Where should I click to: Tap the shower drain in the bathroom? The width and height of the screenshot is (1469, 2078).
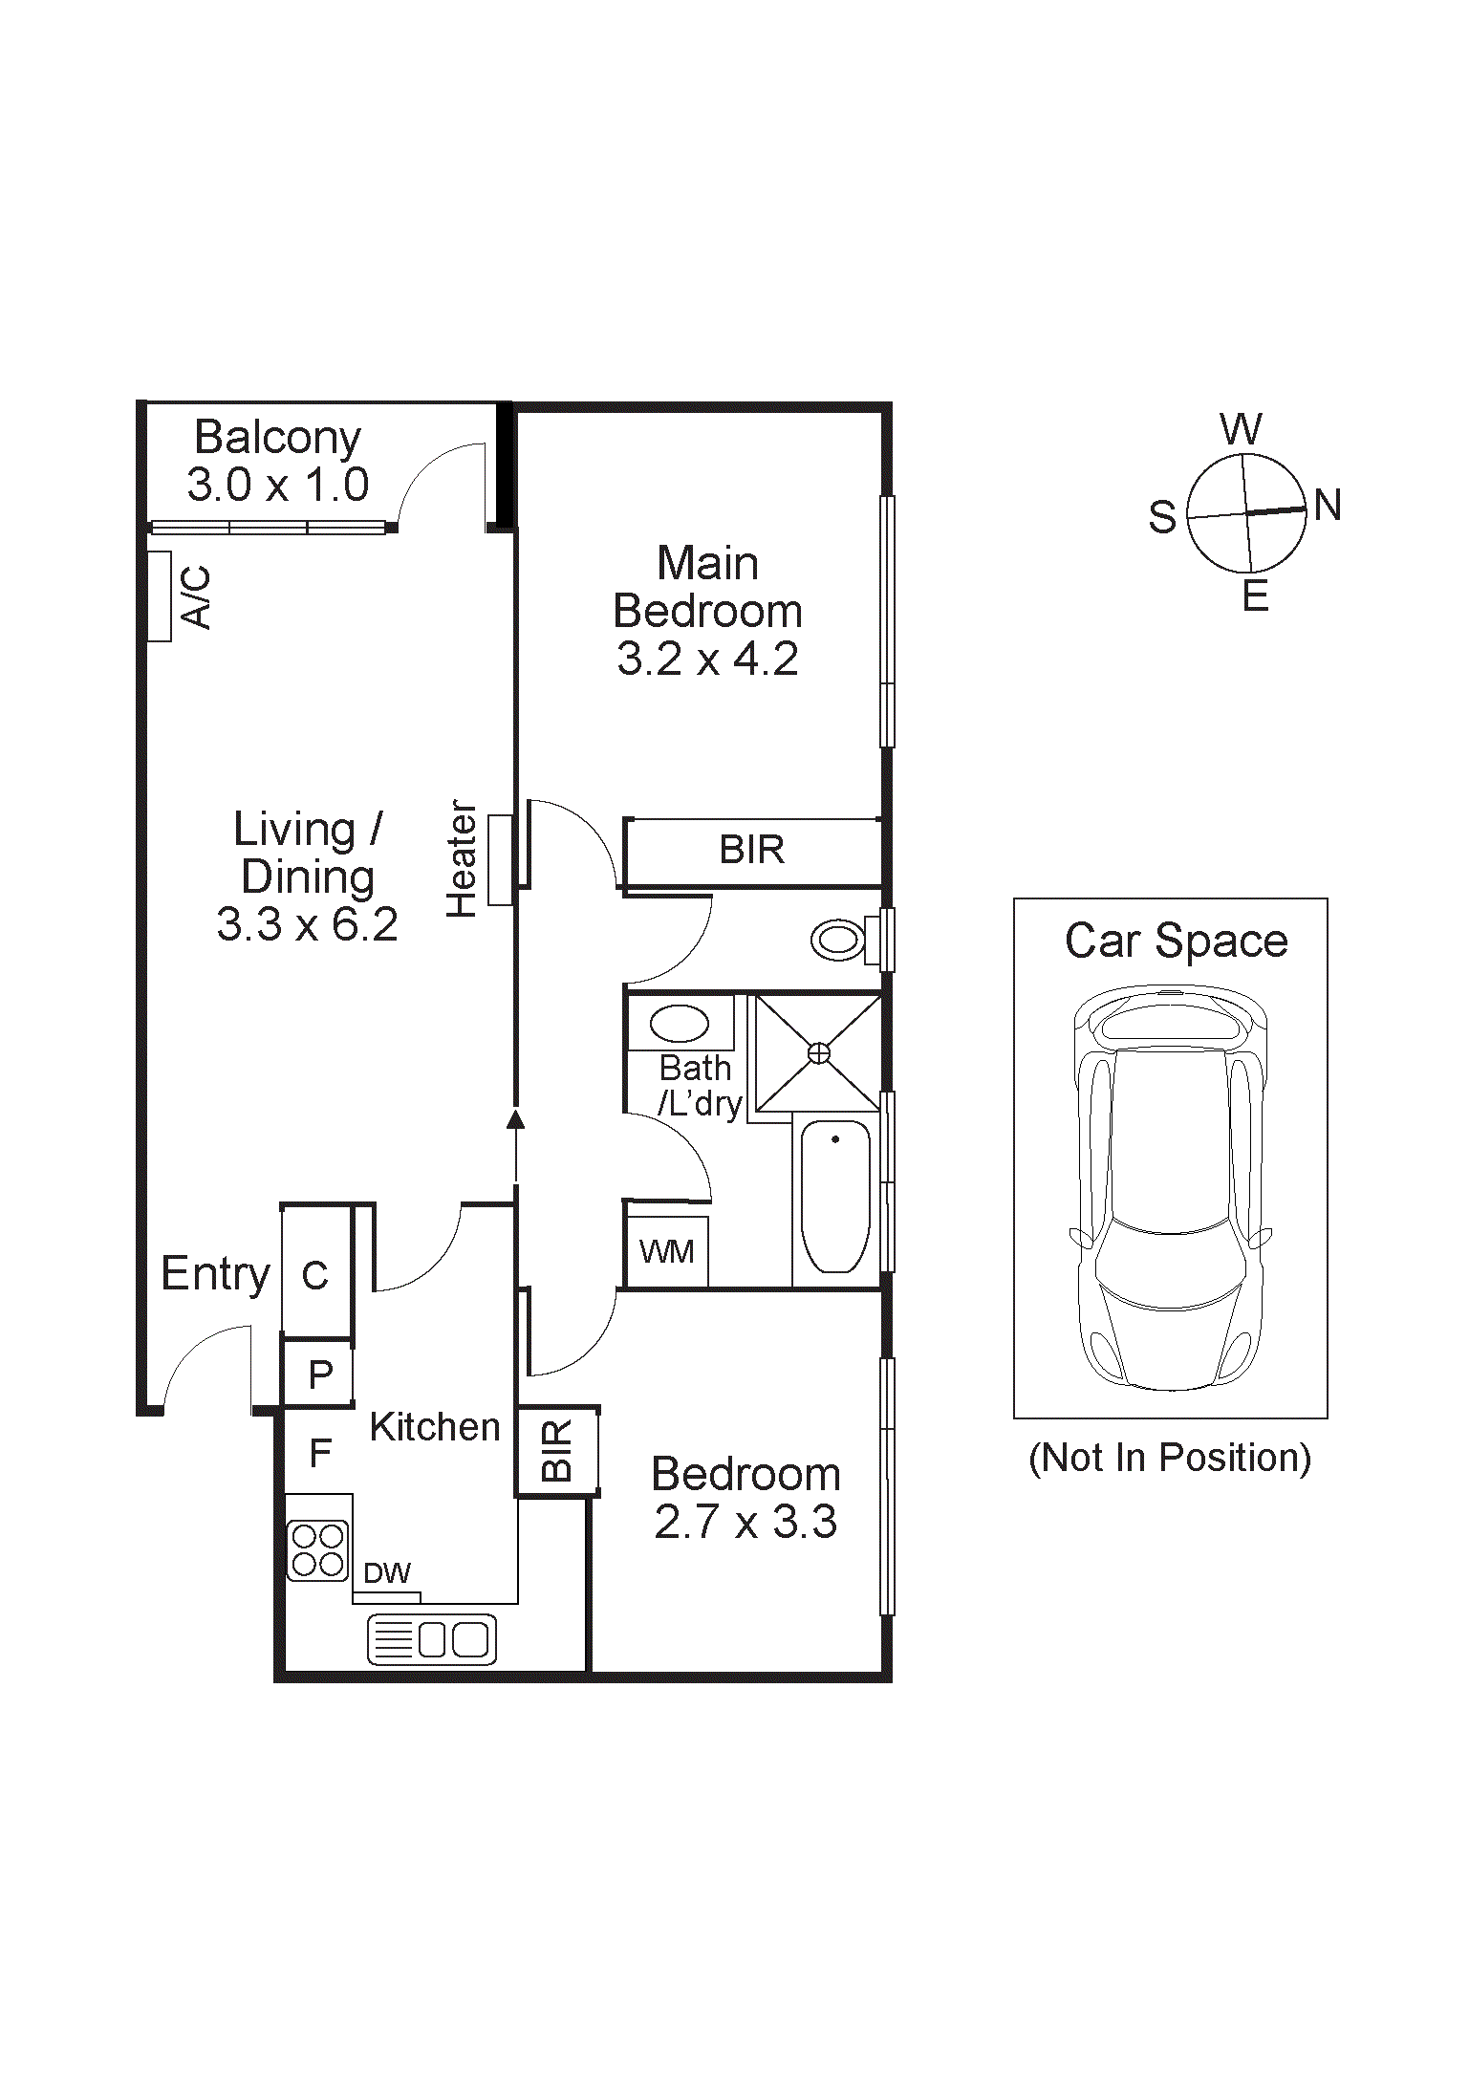pos(819,1053)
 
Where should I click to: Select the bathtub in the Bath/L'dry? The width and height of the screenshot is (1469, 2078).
pos(835,1196)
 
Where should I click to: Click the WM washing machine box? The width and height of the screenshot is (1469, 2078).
pos(667,1251)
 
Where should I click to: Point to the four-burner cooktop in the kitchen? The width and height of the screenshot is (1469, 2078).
pos(318,1550)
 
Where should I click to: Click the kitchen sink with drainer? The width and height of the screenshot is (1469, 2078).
pos(432,1639)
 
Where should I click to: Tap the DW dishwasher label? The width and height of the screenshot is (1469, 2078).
pos(387,1573)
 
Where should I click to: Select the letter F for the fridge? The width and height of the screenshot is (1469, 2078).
pos(320,1454)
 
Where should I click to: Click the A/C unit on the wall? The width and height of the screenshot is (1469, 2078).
pos(160,596)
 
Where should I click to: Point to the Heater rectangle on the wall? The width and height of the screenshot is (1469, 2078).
pos(500,859)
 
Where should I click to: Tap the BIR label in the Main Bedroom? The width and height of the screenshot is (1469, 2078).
pos(752,850)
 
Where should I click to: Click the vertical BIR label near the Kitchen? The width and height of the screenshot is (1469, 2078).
pos(556,1451)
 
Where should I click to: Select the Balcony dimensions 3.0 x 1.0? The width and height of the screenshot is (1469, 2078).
pos(278,485)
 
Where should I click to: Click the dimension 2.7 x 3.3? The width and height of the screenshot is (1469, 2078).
pos(745,1522)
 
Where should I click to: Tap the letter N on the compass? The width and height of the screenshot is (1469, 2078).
pos(1328,505)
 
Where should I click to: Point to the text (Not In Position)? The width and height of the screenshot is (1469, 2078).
pos(1170,1458)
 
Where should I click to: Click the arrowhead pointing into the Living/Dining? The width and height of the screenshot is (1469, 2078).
pos(516,1118)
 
